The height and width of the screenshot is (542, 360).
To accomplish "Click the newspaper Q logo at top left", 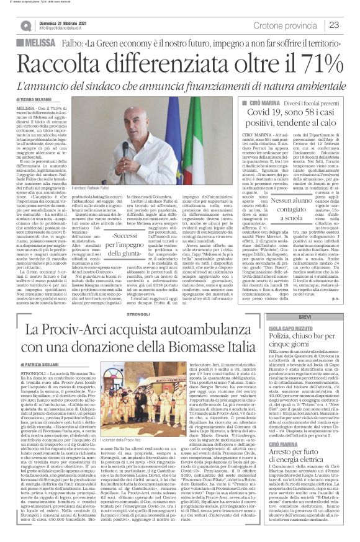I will [x=25, y=25].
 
